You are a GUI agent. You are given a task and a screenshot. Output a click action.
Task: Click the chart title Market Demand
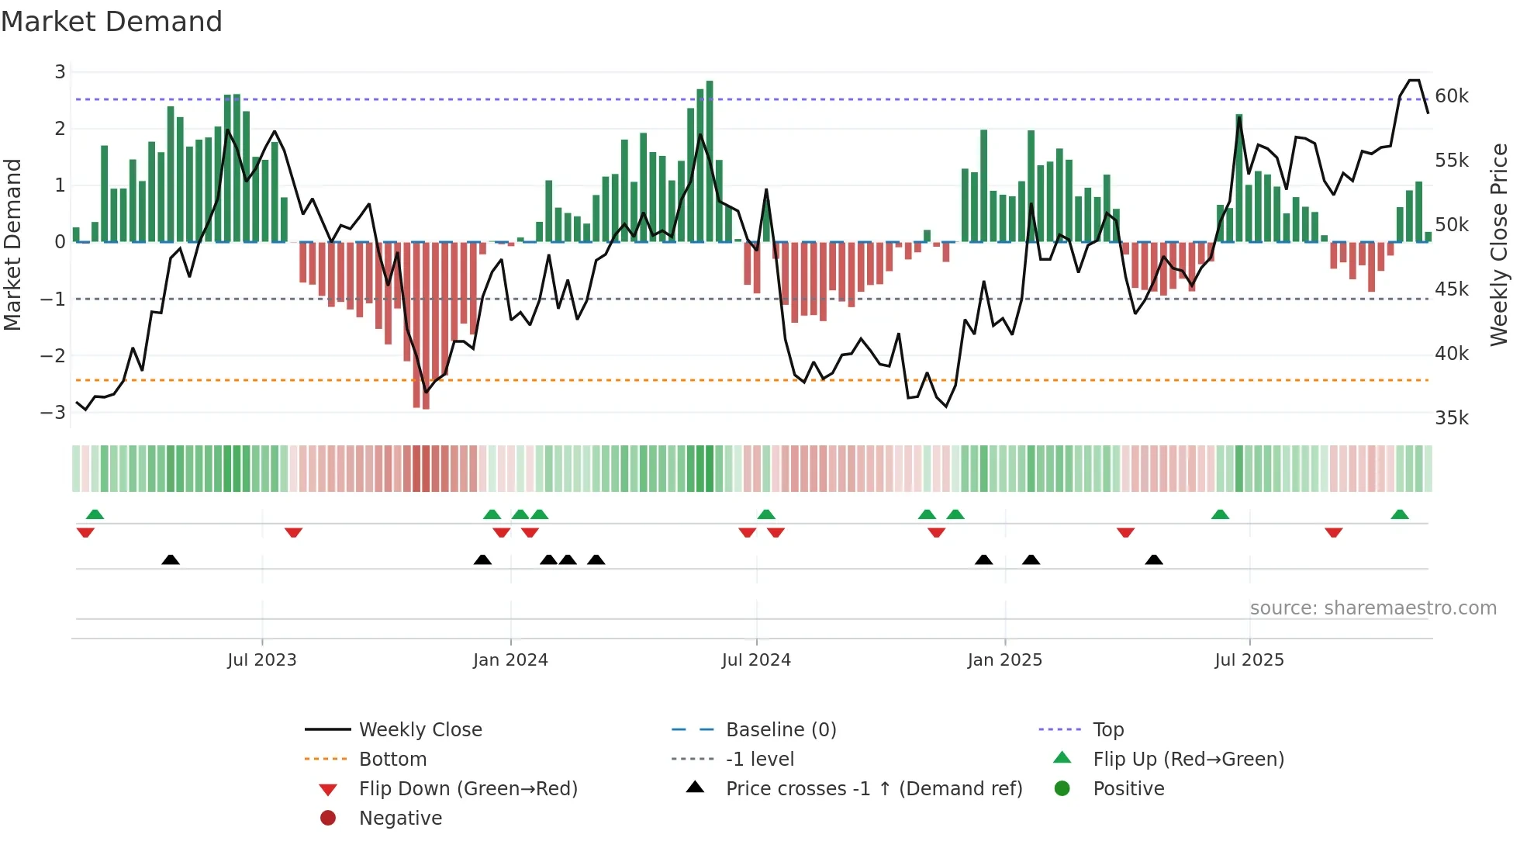click(x=112, y=22)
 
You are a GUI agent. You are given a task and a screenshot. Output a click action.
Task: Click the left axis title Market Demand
click(x=13, y=244)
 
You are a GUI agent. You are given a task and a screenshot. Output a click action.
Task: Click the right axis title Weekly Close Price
click(x=1498, y=244)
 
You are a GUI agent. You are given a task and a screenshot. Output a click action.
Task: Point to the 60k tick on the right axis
click(x=1451, y=96)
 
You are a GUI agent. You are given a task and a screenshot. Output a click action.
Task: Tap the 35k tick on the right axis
click(x=1451, y=418)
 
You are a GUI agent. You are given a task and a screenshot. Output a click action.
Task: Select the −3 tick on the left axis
click(x=53, y=412)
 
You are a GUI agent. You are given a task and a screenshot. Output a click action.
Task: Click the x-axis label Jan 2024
click(x=510, y=660)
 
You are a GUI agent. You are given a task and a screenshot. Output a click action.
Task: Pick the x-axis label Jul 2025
click(x=1249, y=660)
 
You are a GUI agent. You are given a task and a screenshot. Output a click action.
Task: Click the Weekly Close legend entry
click(x=420, y=730)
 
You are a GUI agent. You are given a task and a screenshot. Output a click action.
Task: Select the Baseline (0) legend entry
click(x=780, y=730)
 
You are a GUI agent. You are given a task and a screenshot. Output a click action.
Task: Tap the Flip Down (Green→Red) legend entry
click(x=468, y=789)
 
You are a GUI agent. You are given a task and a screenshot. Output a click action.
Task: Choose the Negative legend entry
click(x=400, y=819)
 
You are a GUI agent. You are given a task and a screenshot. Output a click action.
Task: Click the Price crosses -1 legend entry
click(x=873, y=789)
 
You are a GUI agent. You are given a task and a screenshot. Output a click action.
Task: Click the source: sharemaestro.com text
click(x=1373, y=608)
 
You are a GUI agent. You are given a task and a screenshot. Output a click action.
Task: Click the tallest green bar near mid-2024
click(x=710, y=161)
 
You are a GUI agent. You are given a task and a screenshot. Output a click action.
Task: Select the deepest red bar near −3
click(x=426, y=326)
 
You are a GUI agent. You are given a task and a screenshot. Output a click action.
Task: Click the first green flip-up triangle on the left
click(x=95, y=514)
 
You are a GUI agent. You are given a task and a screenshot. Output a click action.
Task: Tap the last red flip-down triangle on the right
click(x=1333, y=532)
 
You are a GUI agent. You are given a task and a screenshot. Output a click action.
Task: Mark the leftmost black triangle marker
click(x=171, y=559)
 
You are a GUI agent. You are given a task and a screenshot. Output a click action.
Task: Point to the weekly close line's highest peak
click(x=1414, y=81)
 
